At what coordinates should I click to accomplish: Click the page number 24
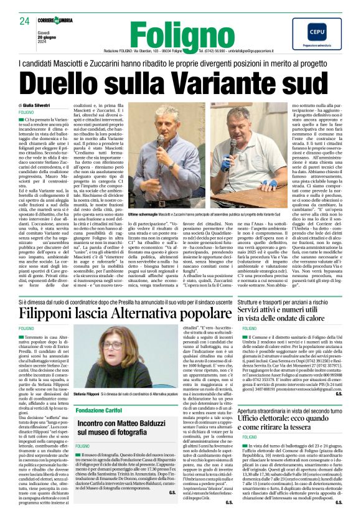point(25,21)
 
